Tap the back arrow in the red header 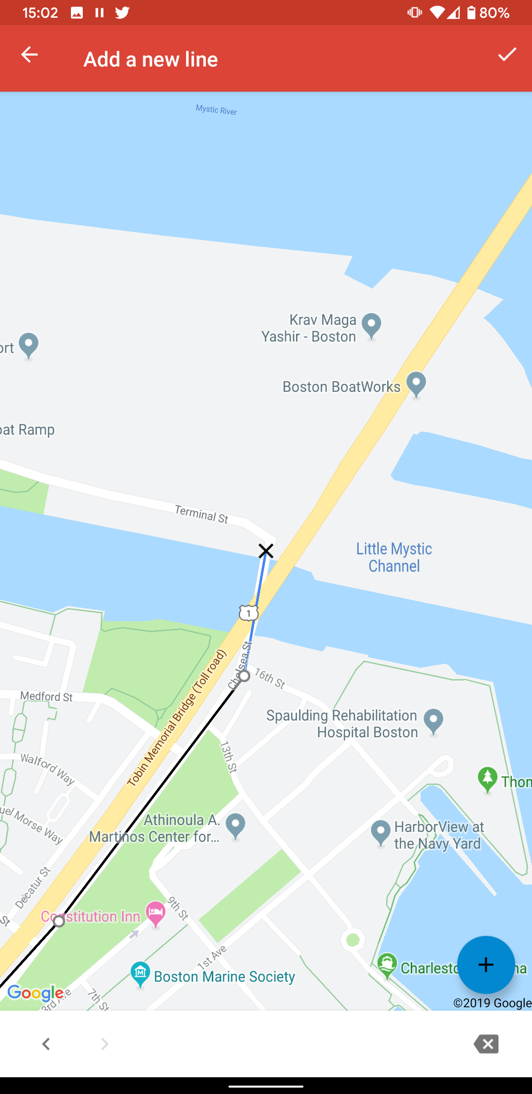(x=30, y=55)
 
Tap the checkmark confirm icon (x=507, y=55)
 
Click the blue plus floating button (x=486, y=964)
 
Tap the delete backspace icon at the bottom (x=486, y=1044)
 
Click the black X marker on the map (x=266, y=550)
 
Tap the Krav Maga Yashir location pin (x=371, y=326)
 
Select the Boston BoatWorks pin (x=416, y=383)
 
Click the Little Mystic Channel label (x=394, y=557)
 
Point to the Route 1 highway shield (x=249, y=613)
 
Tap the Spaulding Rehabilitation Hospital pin (x=433, y=721)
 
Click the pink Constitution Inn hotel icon (x=156, y=914)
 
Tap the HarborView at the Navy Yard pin (x=380, y=832)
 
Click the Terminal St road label (x=201, y=514)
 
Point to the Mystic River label (x=216, y=110)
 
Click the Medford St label (x=46, y=696)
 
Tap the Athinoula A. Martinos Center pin (x=235, y=825)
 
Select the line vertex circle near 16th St (x=244, y=676)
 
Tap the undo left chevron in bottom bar (x=46, y=1044)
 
